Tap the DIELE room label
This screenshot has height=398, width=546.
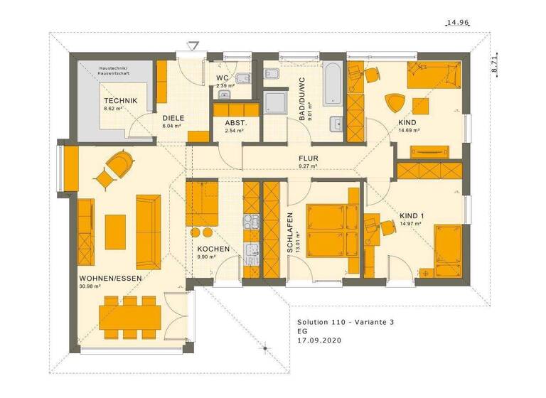point(173,118)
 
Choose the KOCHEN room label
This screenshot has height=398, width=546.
point(213,249)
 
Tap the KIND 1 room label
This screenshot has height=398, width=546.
point(412,216)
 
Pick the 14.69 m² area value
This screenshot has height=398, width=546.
point(412,131)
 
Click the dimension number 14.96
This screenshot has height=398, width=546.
point(457,23)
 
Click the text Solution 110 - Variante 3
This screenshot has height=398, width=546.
point(346,322)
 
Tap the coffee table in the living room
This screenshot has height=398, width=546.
point(115,230)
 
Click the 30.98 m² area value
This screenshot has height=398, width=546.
point(90,286)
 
